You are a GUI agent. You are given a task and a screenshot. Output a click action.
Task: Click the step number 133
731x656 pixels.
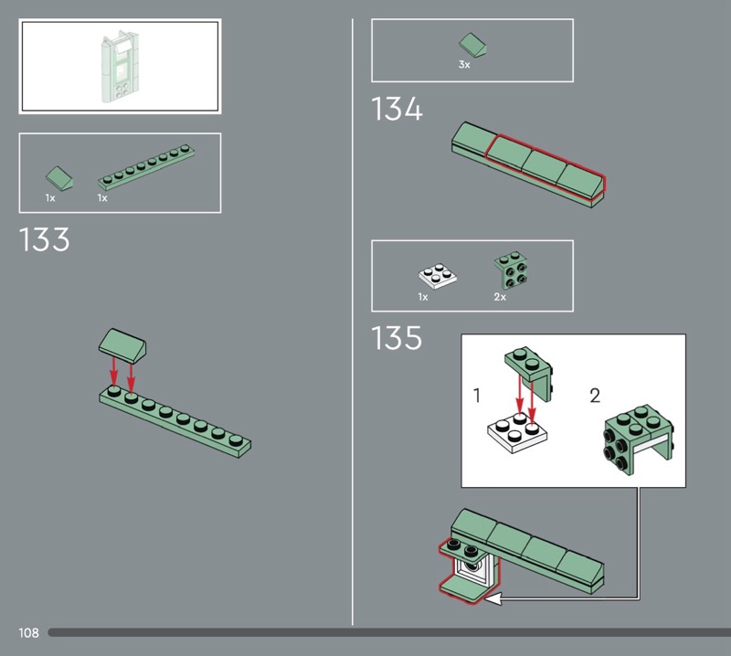44,239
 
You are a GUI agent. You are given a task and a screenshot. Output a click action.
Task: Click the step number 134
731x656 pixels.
397,109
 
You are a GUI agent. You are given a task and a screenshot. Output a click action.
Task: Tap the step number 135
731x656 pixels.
397,337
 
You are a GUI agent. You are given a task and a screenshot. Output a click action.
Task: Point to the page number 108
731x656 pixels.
28,632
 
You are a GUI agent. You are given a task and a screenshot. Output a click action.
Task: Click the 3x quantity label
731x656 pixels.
464,65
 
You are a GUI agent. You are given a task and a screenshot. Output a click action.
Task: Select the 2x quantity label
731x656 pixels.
500,297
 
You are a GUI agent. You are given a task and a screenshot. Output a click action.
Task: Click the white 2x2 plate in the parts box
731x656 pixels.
438,276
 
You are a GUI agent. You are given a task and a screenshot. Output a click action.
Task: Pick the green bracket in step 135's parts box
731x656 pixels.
511,270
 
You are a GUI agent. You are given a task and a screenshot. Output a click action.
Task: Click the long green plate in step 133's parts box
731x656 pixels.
146,167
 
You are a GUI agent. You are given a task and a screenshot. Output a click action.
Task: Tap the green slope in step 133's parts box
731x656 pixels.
59,178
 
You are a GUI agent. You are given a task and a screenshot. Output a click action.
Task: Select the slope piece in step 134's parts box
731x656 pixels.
472,45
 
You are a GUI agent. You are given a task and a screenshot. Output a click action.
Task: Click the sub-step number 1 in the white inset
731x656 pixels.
476,396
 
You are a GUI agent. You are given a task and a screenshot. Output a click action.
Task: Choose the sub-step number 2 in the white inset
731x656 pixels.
595,396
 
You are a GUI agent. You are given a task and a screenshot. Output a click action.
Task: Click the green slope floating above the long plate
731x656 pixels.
122,346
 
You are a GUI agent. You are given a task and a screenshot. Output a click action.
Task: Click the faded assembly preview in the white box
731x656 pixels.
120,66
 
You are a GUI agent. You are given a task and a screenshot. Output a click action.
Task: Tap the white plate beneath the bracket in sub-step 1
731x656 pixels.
517,434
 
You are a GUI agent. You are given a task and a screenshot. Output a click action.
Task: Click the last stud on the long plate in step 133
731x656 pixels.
236,439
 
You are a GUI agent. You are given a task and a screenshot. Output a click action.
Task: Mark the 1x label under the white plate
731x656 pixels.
423,297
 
